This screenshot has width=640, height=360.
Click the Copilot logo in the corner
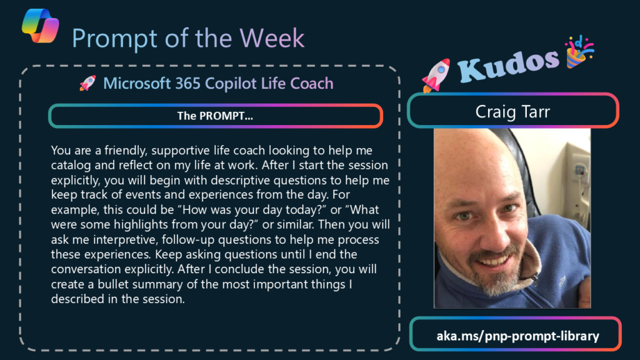coord(41,25)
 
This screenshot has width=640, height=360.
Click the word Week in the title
coord(272,38)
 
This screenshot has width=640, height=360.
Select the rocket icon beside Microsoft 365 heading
coord(87,83)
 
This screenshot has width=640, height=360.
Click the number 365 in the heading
coord(187,83)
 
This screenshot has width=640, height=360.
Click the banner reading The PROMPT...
coord(216,116)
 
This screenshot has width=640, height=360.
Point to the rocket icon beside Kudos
coord(436,75)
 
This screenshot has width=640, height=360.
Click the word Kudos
coord(508,65)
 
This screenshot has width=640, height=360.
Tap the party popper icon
coord(579,51)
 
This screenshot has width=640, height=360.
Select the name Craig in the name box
coord(495,112)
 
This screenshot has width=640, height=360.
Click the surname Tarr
coord(535,112)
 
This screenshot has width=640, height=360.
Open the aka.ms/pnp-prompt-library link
coord(517,336)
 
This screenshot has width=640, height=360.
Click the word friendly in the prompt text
coord(125,151)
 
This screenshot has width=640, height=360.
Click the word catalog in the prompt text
coord(71,166)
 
